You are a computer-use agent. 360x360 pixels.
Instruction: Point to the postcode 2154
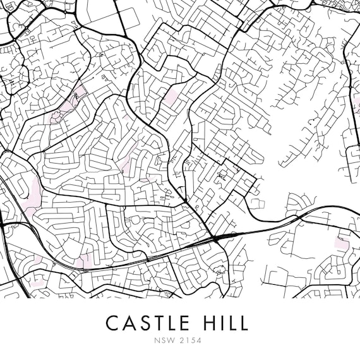(x=190, y=342)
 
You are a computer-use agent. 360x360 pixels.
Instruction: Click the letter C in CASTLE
(x=112, y=323)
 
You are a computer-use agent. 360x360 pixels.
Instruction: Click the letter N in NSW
(x=158, y=342)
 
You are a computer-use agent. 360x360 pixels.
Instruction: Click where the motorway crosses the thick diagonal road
(x=215, y=238)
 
